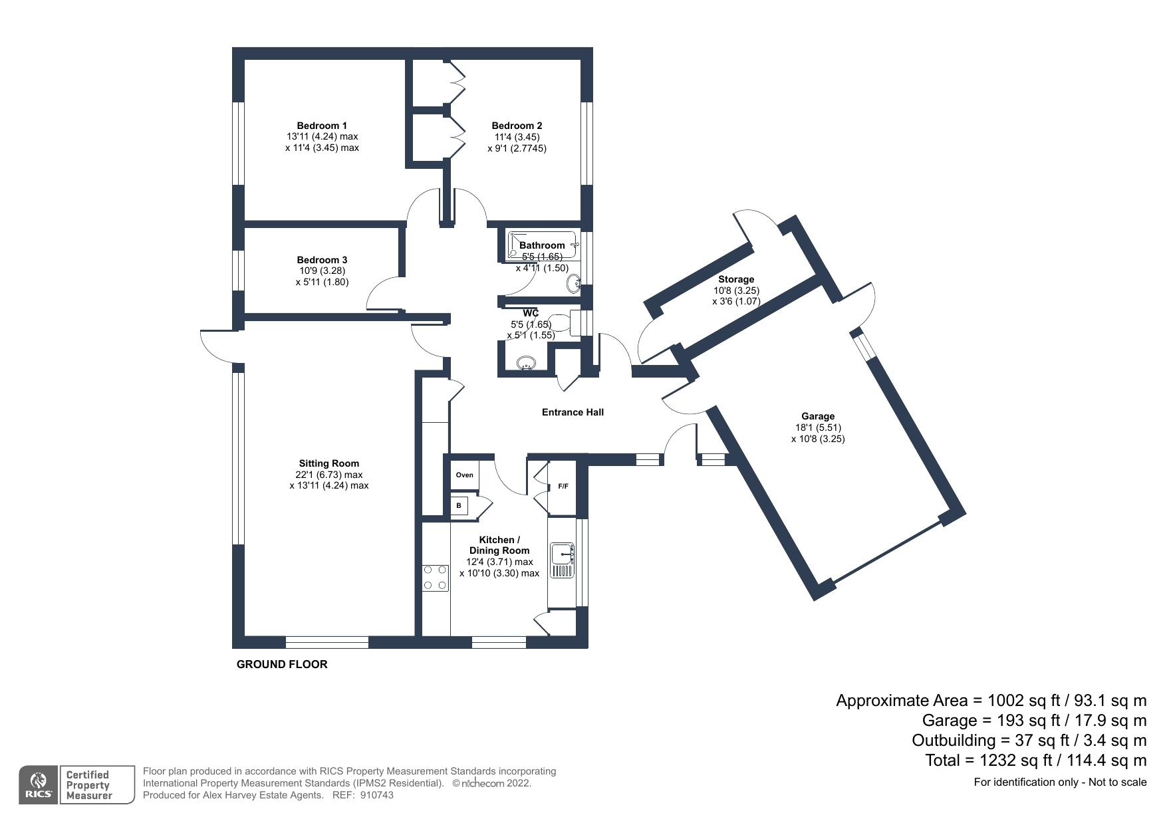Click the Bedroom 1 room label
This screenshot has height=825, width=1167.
tap(322, 126)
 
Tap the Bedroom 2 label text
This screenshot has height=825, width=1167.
tap(517, 126)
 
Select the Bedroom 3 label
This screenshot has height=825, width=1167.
tap(322, 260)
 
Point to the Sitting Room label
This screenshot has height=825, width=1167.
tap(328, 463)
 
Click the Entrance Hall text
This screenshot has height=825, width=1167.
tap(573, 412)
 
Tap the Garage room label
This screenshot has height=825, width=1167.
tap(817, 416)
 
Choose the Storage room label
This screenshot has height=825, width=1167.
tap(735, 279)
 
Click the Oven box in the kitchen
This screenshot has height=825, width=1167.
tap(465, 475)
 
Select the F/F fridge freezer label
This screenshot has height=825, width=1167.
tap(563, 487)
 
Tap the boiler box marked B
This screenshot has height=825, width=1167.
tap(459, 506)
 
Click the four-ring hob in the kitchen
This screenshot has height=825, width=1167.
tap(436, 577)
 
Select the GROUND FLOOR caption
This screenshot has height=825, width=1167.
tap(282, 664)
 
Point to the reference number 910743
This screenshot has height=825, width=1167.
tap(376, 795)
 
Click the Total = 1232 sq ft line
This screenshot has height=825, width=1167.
tap(1035, 760)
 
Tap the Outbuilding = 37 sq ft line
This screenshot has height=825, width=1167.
tap(1029, 740)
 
